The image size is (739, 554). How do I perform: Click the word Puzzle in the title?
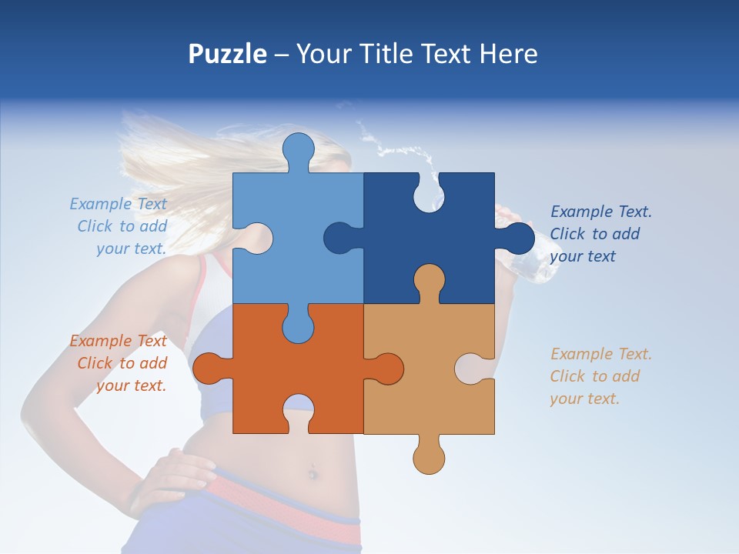pyautogui.click(x=228, y=55)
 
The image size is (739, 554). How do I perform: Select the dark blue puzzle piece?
pyautogui.click(x=454, y=231)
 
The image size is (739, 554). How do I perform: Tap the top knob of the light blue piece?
pyautogui.click(x=298, y=148)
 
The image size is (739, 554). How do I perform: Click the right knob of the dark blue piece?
pyautogui.click(x=519, y=239)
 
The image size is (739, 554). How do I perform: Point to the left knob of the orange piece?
pyautogui.click(x=207, y=369)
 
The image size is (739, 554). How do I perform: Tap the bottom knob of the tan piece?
pyautogui.click(x=429, y=459)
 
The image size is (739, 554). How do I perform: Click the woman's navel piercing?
pyautogui.click(x=313, y=472)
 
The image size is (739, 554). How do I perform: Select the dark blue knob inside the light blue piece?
pyautogui.click(x=339, y=238)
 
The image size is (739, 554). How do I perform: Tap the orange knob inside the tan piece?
pyautogui.click(x=386, y=369)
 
